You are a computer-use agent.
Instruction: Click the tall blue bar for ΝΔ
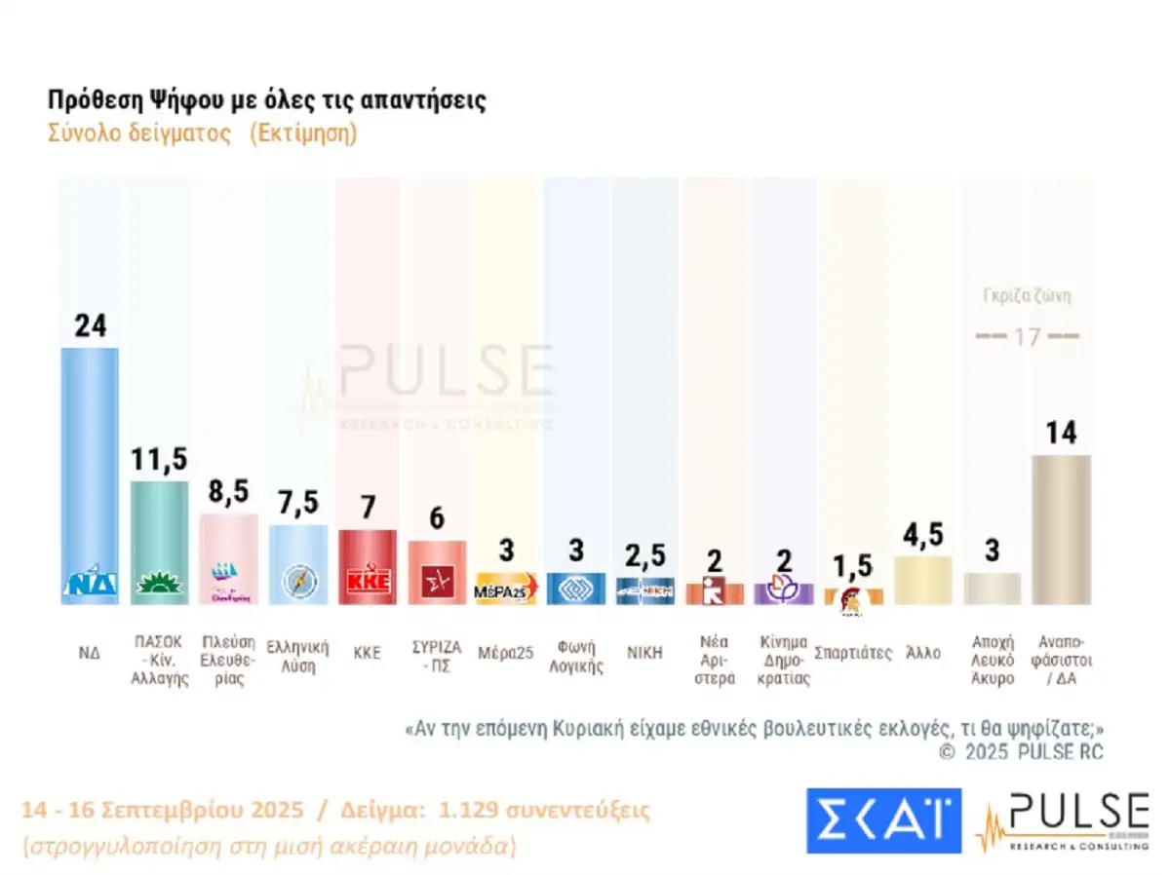pyautogui.click(x=90, y=468)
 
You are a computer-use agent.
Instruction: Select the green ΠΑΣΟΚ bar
pyautogui.click(x=160, y=536)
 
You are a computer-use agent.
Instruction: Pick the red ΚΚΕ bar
pyautogui.click(x=368, y=565)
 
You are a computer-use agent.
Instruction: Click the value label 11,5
pyautogui.click(x=160, y=460)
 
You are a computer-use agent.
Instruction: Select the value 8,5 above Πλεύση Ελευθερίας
pyautogui.click(x=229, y=492)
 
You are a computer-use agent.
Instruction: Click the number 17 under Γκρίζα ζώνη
pyautogui.click(x=1028, y=337)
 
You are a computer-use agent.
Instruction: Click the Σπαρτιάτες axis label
pyautogui.click(x=853, y=653)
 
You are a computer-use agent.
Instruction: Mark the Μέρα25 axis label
pyautogui.click(x=506, y=653)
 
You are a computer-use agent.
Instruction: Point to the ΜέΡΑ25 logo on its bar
pyautogui.click(x=506, y=590)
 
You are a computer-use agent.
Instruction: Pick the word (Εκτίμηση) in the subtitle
pyautogui.click(x=303, y=133)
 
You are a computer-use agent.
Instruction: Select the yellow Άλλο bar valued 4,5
pyautogui.click(x=922, y=580)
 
